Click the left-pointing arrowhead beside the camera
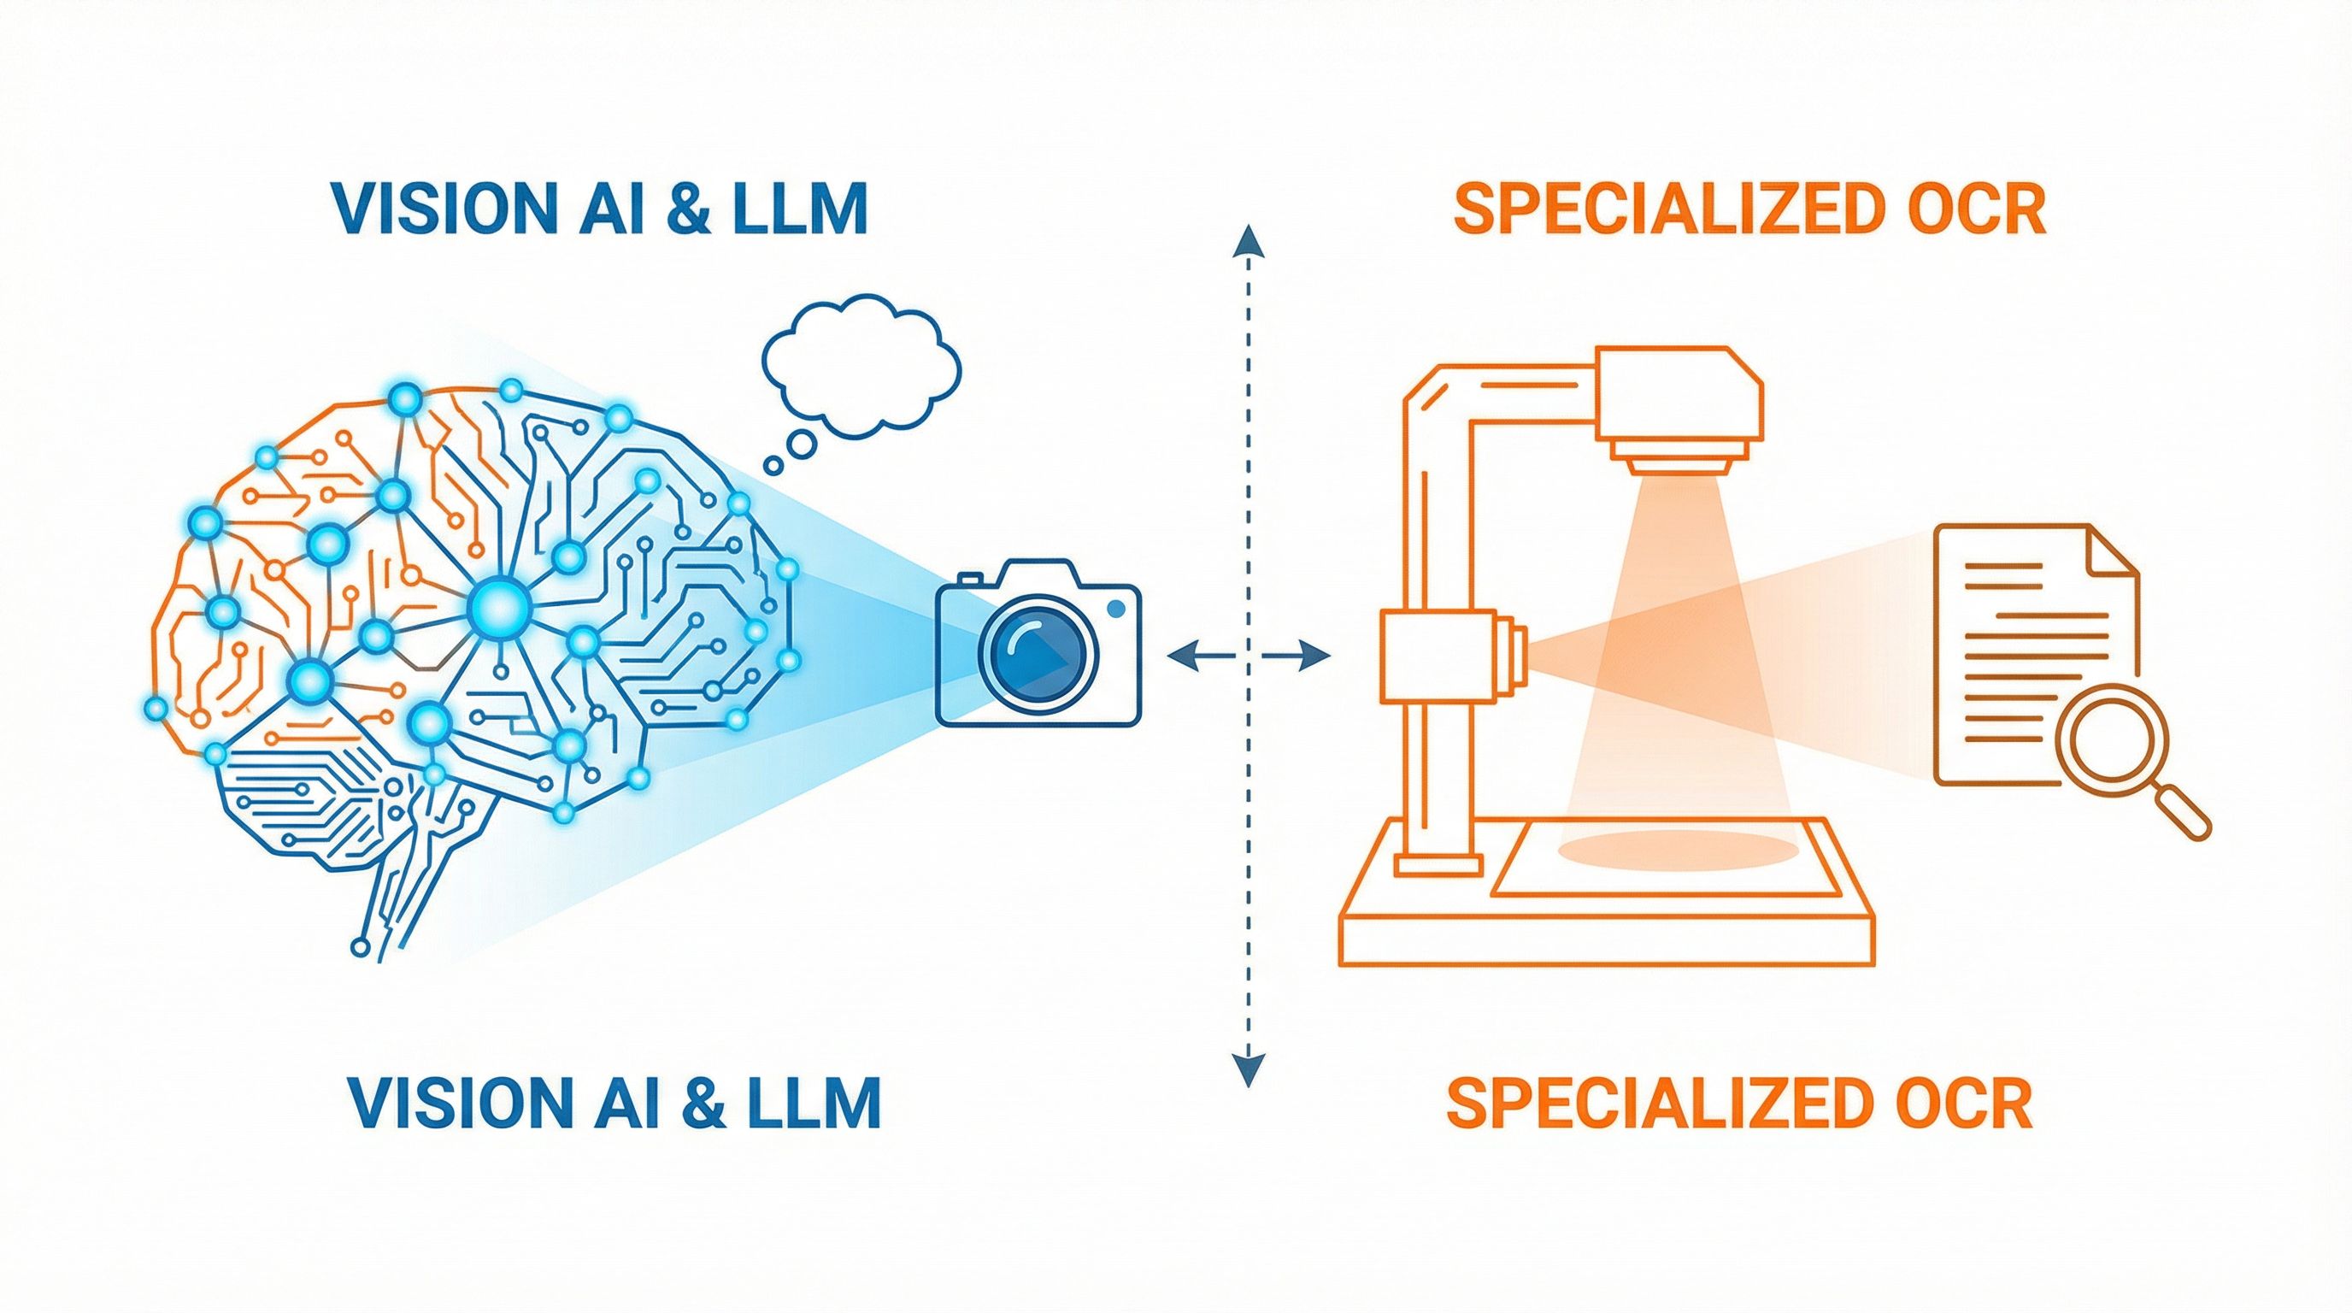click(x=1184, y=653)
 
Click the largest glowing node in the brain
click(x=498, y=604)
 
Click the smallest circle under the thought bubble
click(x=773, y=466)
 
